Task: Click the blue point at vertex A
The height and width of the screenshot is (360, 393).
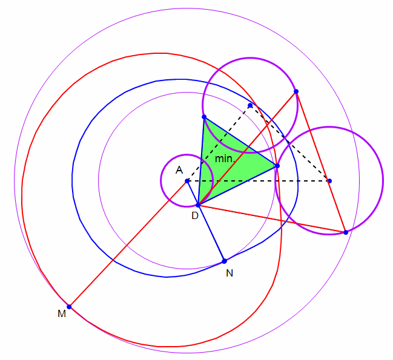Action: tap(187, 181)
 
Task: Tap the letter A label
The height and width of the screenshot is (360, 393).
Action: tap(179, 170)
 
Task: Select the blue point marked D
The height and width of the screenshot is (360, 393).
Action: tap(198, 205)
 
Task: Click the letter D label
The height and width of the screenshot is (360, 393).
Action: tap(195, 215)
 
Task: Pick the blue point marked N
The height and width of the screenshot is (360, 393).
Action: tap(224, 261)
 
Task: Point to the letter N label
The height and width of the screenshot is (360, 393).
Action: tap(230, 273)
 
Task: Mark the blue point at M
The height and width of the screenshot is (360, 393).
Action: tap(69, 307)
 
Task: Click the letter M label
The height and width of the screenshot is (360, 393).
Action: tap(62, 313)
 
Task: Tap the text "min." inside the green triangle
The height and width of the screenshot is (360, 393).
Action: tap(225, 159)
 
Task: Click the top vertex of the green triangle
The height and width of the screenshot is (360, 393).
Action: tap(204, 117)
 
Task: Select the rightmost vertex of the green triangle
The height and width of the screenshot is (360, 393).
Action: tap(277, 166)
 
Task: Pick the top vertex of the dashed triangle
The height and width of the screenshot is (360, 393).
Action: tap(250, 105)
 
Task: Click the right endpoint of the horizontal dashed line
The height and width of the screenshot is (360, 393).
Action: tap(329, 181)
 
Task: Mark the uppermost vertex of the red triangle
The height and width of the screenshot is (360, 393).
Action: tap(296, 91)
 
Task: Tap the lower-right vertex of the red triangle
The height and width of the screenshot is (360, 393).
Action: tap(346, 232)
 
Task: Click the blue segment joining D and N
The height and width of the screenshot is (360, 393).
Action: tap(211, 233)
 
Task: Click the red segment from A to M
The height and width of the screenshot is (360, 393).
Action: tap(128, 244)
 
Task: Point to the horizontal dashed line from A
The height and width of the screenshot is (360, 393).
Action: tap(258, 181)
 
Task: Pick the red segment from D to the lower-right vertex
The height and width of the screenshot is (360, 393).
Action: tap(272, 219)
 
